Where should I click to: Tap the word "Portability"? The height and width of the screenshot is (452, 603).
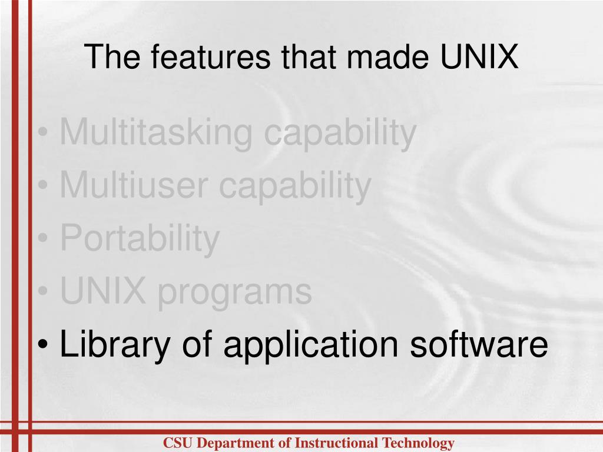click(140, 239)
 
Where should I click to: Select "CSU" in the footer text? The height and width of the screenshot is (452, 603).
click(175, 443)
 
